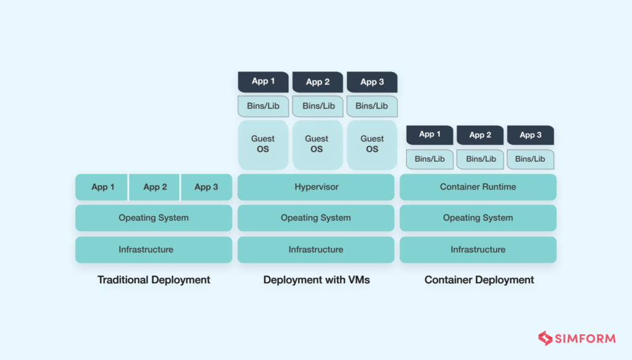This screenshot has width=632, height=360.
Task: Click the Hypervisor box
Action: (x=315, y=186)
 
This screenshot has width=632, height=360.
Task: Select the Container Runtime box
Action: (x=478, y=186)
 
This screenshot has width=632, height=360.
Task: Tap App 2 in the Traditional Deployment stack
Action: (x=154, y=187)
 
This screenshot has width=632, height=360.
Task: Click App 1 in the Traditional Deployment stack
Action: (x=102, y=187)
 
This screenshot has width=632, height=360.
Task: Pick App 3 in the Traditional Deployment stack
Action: (x=206, y=187)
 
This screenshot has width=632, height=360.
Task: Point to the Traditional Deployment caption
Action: (x=154, y=280)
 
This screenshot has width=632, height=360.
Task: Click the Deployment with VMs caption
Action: (x=316, y=280)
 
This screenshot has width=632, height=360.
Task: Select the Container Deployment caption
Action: (x=479, y=280)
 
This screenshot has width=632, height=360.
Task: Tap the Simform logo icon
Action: (x=545, y=338)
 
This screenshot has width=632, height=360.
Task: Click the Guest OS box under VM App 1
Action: (x=263, y=144)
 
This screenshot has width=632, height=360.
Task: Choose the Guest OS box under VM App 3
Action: (x=372, y=144)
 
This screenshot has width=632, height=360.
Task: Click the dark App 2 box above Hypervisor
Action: (x=317, y=82)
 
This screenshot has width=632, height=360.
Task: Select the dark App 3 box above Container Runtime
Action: (x=530, y=135)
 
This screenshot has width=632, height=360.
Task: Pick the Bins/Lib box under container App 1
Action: (x=430, y=159)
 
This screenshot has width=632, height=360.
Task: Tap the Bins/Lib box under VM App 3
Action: (x=372, y=106)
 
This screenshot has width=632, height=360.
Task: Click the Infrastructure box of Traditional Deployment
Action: (x=154, y=249)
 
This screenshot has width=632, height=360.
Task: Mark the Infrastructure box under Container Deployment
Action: (x=478, y=249)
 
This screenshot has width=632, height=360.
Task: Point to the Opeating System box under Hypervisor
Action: (x=315, y=218)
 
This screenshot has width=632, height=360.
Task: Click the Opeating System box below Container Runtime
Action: (x=478, y=218)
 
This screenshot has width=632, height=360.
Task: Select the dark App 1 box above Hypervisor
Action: (x=263, y=82)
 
